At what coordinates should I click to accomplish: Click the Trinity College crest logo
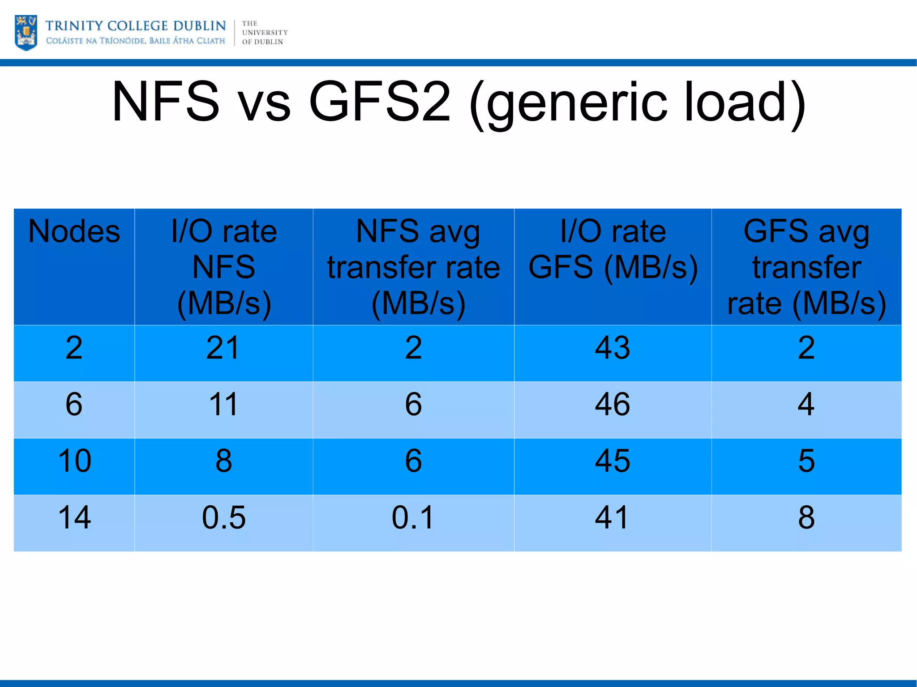coord(26,32)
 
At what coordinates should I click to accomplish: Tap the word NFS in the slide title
coord(166,102)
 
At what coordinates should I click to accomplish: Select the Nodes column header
coord(74,232)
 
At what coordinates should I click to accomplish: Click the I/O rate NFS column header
coord(224,267)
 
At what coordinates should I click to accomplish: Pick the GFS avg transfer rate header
coord(806,267)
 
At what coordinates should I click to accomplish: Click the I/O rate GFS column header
coord(613,249)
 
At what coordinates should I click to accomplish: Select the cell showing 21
coord(223,348)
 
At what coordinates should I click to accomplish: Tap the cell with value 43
coord(613,348)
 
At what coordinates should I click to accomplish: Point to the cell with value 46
coord(613,404)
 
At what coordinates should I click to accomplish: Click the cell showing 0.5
coord(223,518)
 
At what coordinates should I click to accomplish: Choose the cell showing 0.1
coord(413,518)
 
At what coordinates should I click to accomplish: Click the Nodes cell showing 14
coord(74,518)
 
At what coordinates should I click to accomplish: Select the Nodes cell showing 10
coord(74,461)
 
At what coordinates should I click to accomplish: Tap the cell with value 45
coord(613,461)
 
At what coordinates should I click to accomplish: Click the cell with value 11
coord(223,404)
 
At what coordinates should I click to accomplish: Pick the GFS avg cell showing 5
coord(806,461)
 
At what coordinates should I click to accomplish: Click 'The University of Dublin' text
coord(264,33)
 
